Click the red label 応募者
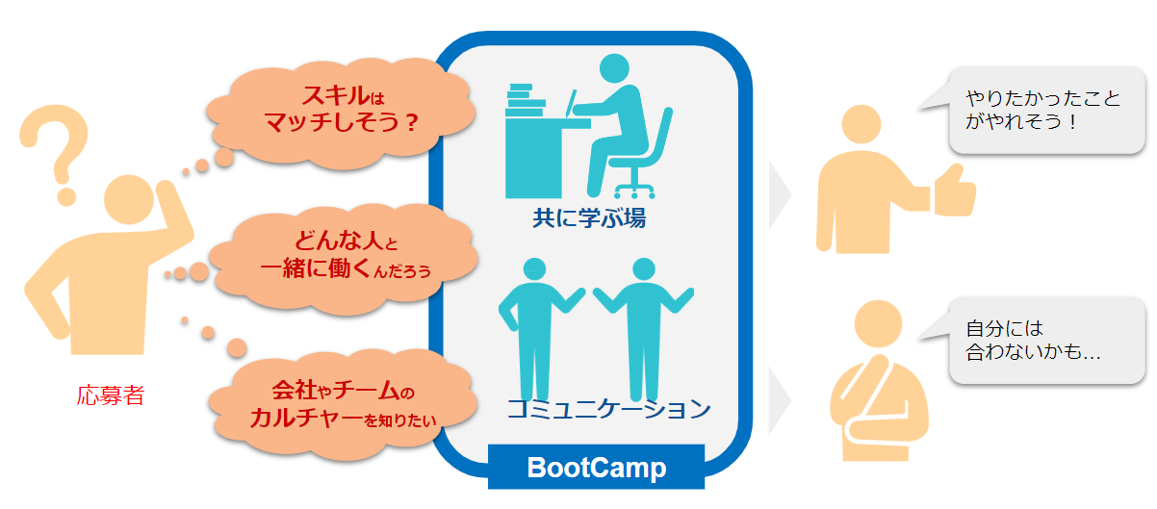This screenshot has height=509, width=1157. tap(111, 395)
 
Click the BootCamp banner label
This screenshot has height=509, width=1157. tap(596, 468)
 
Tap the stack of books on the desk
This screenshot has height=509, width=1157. tap(526, 97)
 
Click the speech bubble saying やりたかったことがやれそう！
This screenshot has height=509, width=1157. tap(1044, 110)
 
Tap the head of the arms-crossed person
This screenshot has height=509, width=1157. tap(881, 327)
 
